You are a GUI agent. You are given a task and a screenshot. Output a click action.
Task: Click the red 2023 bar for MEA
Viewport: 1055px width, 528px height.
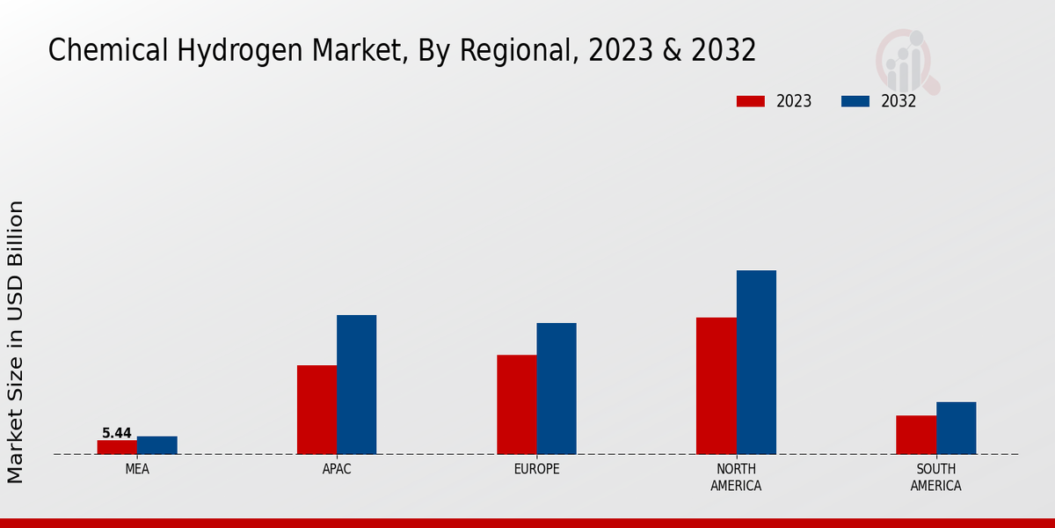(117, 447)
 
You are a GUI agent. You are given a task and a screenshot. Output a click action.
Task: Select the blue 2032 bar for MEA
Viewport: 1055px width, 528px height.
(156, 445)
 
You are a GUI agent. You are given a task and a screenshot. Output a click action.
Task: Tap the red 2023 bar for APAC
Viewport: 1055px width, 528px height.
(316, 409)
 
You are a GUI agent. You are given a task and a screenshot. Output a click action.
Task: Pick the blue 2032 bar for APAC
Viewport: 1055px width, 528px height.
(356, 385)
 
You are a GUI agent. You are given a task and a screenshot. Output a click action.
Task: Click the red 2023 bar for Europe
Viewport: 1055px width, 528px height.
(517, 404)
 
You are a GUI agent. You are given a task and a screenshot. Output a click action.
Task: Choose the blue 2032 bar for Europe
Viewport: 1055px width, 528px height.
(557, 388)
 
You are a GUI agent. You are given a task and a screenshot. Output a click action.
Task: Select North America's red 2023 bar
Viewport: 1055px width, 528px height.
(717, 385)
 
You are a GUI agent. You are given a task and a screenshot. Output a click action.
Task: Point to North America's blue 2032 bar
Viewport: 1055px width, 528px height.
(756, 362)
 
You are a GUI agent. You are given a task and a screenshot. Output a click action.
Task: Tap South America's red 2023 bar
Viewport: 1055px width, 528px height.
(916, 435)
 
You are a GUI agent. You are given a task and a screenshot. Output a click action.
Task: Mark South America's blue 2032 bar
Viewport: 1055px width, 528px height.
(956, 428)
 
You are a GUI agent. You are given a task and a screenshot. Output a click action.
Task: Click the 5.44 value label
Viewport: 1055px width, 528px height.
(117, 433)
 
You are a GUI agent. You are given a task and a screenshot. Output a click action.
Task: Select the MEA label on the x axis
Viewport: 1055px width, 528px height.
(137, 469)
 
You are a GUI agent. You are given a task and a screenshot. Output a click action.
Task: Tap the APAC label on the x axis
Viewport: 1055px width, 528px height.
(337, 469)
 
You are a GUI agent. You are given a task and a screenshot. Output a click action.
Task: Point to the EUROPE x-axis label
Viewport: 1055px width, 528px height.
(536, 469)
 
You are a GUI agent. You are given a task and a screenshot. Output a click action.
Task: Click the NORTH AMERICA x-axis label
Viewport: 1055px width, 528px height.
(736, 477)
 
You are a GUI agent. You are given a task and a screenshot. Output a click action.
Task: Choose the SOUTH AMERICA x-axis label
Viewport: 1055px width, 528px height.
(935, 477)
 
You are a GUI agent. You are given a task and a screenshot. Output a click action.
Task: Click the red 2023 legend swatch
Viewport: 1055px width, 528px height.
(750, 101)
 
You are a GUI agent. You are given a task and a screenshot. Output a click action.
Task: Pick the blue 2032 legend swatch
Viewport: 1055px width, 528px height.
(855, 101)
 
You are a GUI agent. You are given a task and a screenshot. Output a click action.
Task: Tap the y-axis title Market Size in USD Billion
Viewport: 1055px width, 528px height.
(16, 341)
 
